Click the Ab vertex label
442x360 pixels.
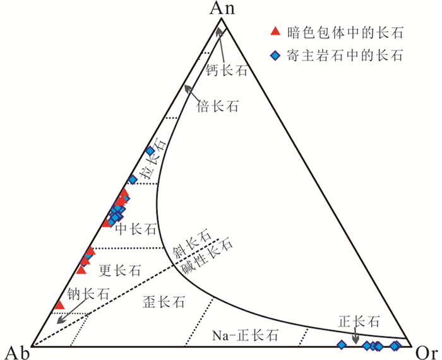tap(16, 349)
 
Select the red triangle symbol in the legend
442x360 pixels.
tap(274, 32)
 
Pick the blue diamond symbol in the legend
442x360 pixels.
tap(274, 56)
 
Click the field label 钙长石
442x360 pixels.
tap(225, 70)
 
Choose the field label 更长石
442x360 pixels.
tap(120, 271)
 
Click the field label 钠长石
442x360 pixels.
tap(89, 293)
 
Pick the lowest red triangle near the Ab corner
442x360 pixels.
tap(59, 306)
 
